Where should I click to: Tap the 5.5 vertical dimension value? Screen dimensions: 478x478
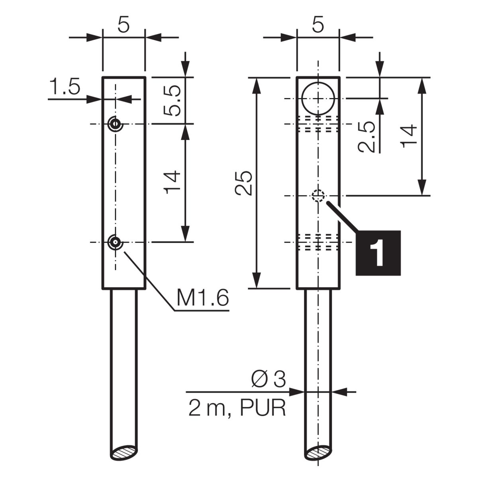172,100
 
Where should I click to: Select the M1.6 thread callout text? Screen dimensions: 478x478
202,298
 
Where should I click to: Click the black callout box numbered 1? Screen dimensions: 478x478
378,253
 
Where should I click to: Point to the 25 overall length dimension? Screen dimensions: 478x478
243,183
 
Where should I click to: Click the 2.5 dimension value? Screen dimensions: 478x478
366,137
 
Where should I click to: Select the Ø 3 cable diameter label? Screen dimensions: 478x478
268,379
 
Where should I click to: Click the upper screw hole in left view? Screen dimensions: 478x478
115,123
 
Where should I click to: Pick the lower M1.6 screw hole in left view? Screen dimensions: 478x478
115,242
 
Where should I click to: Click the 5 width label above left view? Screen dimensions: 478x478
123,25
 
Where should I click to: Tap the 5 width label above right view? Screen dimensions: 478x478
318,25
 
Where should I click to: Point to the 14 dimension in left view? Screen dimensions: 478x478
172,182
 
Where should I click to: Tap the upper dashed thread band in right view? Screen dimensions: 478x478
318,123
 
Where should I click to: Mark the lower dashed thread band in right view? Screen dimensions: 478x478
318,241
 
